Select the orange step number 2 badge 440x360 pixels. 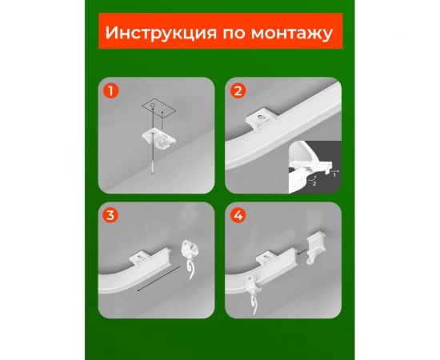(237, 90)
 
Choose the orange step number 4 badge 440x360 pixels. (237, 215)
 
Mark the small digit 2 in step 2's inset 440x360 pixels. (314, 184)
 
